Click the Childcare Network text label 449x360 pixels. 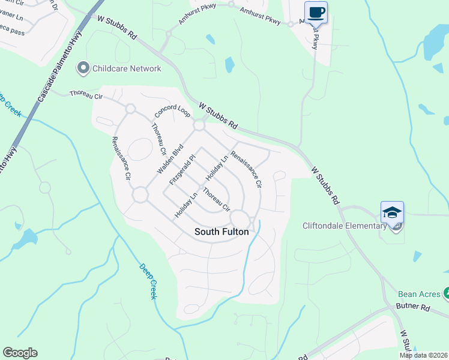point(127,68)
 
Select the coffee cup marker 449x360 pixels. point(316,12)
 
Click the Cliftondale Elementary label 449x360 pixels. point(344,226)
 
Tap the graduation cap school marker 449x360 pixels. point(392,212)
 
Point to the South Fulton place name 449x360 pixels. point(221,231)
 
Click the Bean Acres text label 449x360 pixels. point(419,295)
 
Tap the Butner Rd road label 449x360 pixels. point(414,307)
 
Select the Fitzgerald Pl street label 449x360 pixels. point(182,170)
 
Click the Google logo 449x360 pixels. point(20,353)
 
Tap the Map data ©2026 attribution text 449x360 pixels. point(423,355)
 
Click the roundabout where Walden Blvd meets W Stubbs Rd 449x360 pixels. point(200,125)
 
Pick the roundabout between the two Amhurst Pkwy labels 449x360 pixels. point(231,4)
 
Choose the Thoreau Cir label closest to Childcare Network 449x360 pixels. point(86,94)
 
